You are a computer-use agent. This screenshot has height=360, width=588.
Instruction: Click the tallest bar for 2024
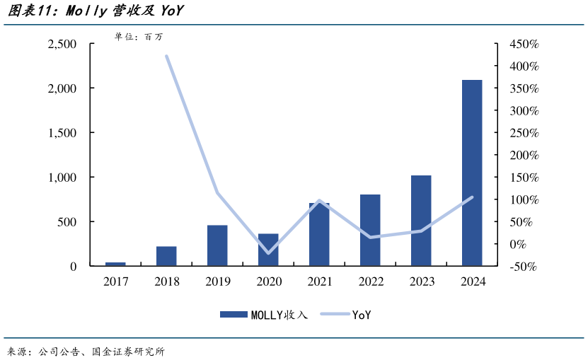[x=472, y=173]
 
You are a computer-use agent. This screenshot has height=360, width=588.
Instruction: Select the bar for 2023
[x=421, y=221]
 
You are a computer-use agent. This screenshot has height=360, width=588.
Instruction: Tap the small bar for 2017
[x=115, y=264]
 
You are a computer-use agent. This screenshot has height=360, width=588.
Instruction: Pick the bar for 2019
[x=217, y=245]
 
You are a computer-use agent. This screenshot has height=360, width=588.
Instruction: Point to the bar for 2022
[x=370, y=230]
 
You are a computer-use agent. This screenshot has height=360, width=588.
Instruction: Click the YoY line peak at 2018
[x=166, y=56]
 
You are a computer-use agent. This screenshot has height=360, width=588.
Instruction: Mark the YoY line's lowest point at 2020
[x=268, y=252]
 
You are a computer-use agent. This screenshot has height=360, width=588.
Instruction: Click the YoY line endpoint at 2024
[x=472, y=197]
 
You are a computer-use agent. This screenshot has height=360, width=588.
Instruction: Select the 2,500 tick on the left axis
[x=62, y=44]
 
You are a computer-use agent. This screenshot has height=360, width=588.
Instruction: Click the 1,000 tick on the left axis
[x=62, y=178]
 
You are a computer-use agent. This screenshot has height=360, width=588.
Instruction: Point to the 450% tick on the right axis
[x=524, y=44]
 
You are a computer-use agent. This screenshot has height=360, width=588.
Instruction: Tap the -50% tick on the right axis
[x=524, y=267]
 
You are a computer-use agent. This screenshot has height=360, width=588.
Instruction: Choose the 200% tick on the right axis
[x=524, y=156]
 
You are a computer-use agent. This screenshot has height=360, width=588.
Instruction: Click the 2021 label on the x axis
[x=320, y=281]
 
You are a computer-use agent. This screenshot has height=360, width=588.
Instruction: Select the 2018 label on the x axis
[x=166, y=281]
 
